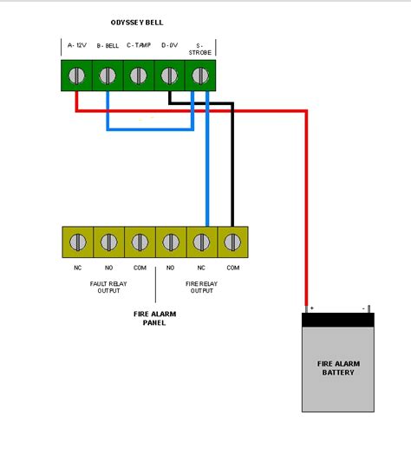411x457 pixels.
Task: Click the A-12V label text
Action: (x=76, y=44)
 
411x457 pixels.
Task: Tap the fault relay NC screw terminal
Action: (x=77, y=242)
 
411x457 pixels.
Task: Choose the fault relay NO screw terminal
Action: (x=108, y=242)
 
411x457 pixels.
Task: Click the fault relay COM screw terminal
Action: (x=139, y=242)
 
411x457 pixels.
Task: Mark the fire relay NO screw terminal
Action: (x=170, y=242)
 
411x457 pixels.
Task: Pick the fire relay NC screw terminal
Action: (x=201, y=242)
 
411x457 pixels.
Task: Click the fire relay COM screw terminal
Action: (x=232, y=242)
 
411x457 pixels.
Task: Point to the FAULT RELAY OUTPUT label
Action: (x=108, y=288)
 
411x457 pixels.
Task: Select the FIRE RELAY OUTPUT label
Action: (x=200, y=288)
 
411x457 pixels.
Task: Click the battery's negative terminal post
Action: (x=369, y=309)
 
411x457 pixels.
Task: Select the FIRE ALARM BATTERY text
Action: (x=339, y=368)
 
